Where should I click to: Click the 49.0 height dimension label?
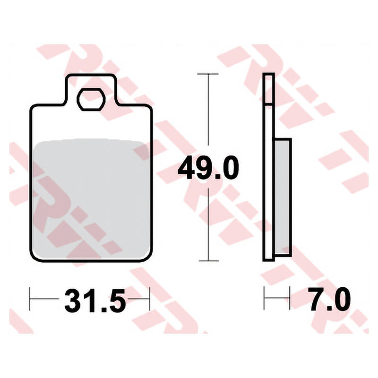click(208, 168)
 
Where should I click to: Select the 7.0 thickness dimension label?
click(330, 299)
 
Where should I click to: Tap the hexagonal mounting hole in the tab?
click(91, 99)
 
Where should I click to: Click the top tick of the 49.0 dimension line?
click(208, 74)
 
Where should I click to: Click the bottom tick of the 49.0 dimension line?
click(209, 261)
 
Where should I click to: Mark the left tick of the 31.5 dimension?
click(30, 299)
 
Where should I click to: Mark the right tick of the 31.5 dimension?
click(149, 299)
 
